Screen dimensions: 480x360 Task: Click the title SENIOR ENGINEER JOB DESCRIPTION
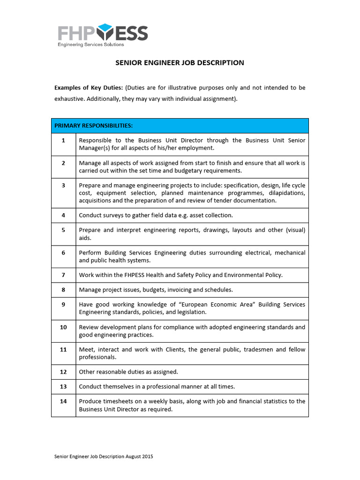(x=180, y=63)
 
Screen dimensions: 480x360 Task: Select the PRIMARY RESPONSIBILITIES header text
(x=93, y=126)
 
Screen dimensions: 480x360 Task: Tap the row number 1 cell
(x=63, y=140)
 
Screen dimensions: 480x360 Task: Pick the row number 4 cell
(x=63, y=215)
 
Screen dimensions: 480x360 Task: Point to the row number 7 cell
(x=63, y=275)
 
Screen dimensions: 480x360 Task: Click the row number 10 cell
(x=63, y=327)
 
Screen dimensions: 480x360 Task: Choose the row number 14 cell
(x=63, y=401)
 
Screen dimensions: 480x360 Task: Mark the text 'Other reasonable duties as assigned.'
(x=128, y=372)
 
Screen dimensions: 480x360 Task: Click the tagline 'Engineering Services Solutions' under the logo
(x=90, y=45)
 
